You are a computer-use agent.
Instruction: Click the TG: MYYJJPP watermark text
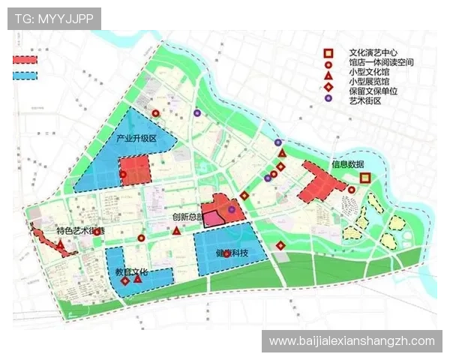click(53, 18)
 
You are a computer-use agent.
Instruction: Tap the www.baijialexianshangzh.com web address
click(351, 341)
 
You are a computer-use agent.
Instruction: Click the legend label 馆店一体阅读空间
click(381, 63)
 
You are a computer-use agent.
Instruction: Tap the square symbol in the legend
click(328, 53)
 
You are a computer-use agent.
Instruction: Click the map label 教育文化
click(133, 271)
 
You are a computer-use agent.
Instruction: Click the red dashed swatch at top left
click(25, 59)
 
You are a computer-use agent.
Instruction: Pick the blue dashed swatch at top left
click(25, 75)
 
